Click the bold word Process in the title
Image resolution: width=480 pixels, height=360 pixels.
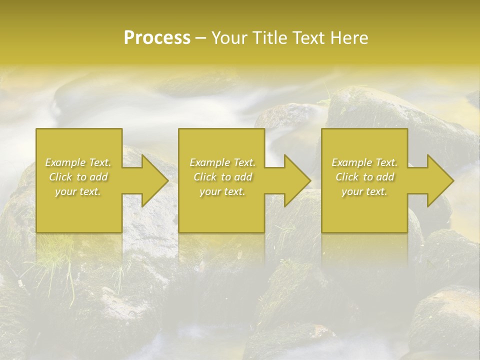[x=157, y=37]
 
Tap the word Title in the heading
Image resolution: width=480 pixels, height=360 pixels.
[x=268, y=37]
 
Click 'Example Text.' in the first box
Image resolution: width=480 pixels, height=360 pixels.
[x=78, y=162]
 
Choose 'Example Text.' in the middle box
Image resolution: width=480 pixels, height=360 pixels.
[x=222, y=162]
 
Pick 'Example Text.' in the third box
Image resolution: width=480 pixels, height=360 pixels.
[x=364, y=162]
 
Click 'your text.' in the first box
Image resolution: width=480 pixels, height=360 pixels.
[x=78, y=191]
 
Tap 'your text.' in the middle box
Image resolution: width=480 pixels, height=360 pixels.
[x=222, y=191]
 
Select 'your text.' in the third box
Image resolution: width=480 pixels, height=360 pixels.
[x=364, y=191]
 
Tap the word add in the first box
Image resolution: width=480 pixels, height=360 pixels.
[x=99, y=177]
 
